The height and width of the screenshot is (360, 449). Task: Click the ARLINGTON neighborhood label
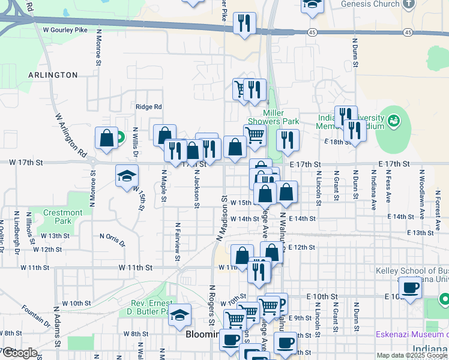pos(53,75)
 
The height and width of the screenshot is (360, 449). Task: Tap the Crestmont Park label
pos(63,217)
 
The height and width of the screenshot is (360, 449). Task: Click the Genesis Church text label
pos(370,4)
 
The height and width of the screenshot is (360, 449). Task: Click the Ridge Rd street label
pos(149,107)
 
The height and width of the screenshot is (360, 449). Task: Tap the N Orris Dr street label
pos(112,240)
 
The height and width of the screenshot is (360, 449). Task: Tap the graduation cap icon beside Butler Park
pos(179,316)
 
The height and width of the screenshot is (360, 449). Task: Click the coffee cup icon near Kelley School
pos(410,287)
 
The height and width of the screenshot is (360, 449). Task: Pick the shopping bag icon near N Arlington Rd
pos(106,139)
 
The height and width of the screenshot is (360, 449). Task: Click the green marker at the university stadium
pos(394,121)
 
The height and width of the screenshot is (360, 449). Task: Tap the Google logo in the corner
pos(19,353)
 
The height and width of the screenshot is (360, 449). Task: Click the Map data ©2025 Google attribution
pos(411,355)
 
